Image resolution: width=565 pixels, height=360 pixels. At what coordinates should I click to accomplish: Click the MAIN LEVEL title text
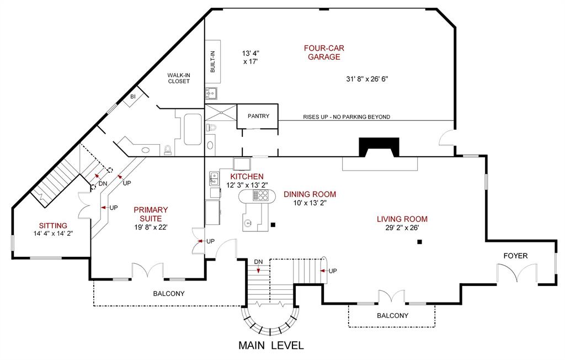point(271,346)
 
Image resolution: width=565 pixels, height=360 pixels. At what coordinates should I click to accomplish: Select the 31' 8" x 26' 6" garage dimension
point(367,79)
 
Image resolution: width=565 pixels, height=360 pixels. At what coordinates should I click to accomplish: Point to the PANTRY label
point(258,116)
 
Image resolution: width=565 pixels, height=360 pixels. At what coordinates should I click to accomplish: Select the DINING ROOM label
point(310,194)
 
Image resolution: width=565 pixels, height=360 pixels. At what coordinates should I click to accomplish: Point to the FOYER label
point(515,256)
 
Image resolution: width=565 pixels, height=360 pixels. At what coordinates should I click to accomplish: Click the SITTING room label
point(53,225)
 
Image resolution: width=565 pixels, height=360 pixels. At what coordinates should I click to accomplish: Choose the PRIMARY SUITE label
point(151,214)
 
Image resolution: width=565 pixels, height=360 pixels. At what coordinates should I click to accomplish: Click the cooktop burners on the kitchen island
point(260,195)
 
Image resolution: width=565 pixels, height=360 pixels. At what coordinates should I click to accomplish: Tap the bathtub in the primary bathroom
point(194,129)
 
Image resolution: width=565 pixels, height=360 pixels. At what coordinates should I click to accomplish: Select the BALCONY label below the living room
point(392,316)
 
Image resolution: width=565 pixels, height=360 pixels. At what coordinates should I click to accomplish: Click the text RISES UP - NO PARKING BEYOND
point(347,117)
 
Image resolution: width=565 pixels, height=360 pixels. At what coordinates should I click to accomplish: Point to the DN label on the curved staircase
point(258,261)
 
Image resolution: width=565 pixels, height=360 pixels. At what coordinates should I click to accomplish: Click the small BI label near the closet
point(132,97)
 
